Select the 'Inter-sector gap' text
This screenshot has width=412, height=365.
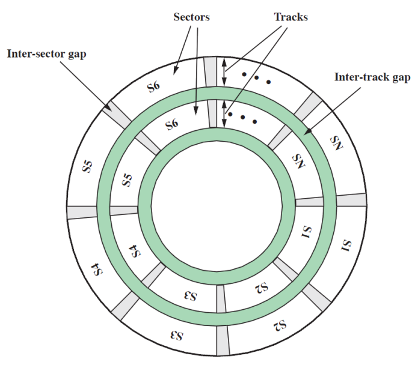(x=46, y=54)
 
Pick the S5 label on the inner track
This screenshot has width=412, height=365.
(x=127, y=179)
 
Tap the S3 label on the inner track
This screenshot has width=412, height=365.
(x=190, y=295)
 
